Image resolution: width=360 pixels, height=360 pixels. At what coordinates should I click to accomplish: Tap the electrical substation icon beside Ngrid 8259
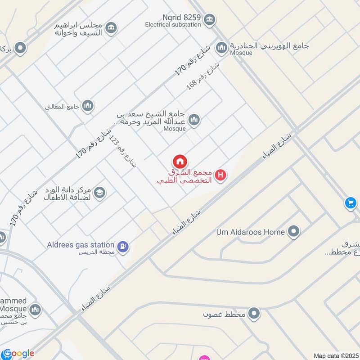pyautogui.click(x=209, y=19)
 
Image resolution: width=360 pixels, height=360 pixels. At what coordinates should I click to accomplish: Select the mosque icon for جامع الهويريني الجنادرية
pyautogui.click(x=221, y=47)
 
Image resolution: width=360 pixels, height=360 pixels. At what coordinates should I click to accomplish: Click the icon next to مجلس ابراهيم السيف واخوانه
pyautogui.click(x=110, y=29)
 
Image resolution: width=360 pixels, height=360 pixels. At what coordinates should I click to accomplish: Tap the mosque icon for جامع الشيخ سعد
pyautogui.click(x=194, y=119)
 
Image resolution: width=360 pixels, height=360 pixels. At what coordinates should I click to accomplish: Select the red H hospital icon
pyautogui.click(x=220, y=175)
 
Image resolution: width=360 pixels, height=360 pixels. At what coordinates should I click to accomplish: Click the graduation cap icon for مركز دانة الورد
pyautogui.click(x=99, y=192)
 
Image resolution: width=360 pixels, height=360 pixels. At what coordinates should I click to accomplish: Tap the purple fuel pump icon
pyautogui.click(x=122, y=246)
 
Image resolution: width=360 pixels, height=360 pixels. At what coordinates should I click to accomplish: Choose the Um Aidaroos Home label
pyautogui.click(x=250, y=232)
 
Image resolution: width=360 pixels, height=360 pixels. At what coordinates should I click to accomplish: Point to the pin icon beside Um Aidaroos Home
pyautogui.click(x=294, y=232)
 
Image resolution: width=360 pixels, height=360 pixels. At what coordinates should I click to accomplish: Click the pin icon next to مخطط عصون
pyautogui.click(x=254, y=314)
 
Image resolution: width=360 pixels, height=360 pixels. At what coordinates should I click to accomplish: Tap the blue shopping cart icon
pyautogui.click(x=351, y=203)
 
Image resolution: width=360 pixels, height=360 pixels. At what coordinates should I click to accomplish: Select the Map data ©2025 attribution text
pyautogui.click(x=336, y=356)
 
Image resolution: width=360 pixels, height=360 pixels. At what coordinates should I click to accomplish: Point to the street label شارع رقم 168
pyautogui.click(x=203, y=75)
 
